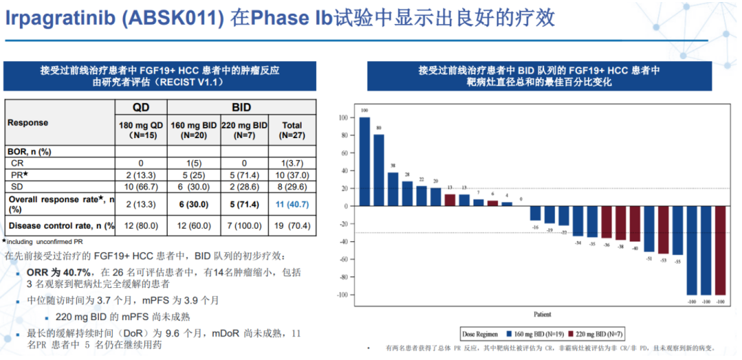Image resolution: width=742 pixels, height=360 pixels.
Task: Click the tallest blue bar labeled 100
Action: point(364,161)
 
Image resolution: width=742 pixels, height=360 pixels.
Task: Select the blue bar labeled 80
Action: point(379,170)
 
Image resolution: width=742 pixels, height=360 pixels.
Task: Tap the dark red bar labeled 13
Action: point(449,200)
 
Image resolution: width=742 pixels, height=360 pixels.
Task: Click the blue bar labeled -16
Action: point(535,213)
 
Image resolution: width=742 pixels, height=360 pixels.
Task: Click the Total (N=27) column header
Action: point(293,130)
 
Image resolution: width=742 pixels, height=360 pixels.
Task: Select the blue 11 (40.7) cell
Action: point(293,203)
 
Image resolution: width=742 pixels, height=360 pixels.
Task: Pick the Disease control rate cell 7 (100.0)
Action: point(245,225)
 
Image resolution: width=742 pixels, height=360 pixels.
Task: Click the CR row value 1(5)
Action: point(193,163)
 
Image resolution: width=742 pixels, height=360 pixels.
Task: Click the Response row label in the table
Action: point(27,122)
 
